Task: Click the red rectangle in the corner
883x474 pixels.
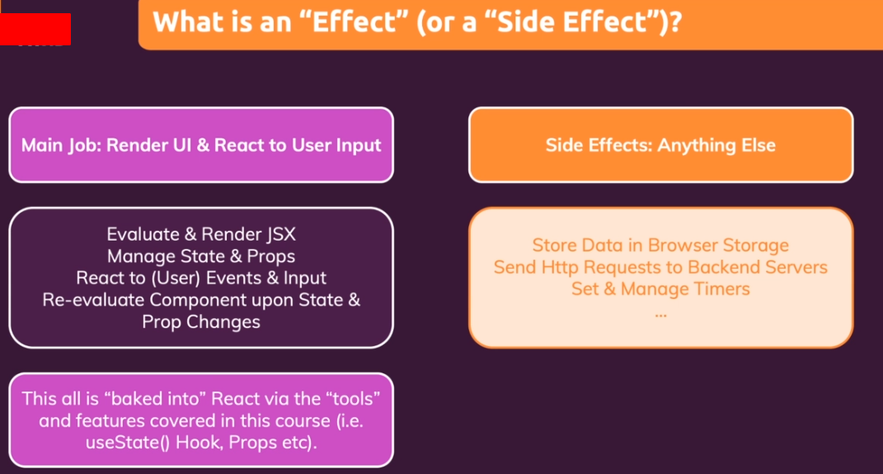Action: (x=35, y=29)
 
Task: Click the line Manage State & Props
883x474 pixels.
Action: (x=201, y=256)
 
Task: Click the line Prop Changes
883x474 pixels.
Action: (x=201, y=322)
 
